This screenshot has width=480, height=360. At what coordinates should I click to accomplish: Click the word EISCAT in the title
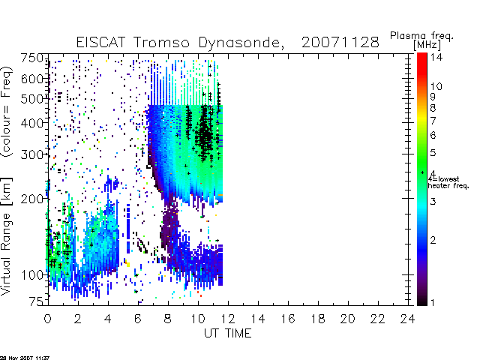coord(100,42)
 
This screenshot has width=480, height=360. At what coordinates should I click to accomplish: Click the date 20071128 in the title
coord(340,42)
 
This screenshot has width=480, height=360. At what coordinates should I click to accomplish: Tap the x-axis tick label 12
coord(228,319)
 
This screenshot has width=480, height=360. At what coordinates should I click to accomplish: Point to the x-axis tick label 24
coord(407,319)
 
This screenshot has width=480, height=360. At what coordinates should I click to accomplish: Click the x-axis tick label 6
coord(138,319)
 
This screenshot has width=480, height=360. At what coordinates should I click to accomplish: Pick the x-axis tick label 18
coord(318,319)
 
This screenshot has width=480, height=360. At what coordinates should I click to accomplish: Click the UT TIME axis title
coord(228,333)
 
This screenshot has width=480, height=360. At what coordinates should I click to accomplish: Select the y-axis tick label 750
coord(32,58)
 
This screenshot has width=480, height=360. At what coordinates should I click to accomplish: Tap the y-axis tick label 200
coord(32,199)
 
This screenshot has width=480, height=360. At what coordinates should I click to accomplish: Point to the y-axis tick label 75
coord(37,301)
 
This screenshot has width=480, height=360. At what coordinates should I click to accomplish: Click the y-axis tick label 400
coord(32,123)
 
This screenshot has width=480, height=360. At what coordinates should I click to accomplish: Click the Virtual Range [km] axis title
coord(7,236)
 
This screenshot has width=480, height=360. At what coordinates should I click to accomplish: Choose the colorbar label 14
coord(436,57)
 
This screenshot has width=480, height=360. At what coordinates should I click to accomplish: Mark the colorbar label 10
coord(436,86)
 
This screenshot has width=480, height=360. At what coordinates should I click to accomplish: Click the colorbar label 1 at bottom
coord(433,302)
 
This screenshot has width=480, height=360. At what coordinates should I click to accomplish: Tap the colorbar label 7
coord(433,121)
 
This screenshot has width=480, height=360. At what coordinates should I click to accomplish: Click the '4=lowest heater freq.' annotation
coord(448,182)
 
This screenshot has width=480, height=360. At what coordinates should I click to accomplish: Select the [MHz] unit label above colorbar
coord(427,45)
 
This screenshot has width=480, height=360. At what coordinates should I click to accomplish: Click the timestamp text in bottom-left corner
coord(25,358)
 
